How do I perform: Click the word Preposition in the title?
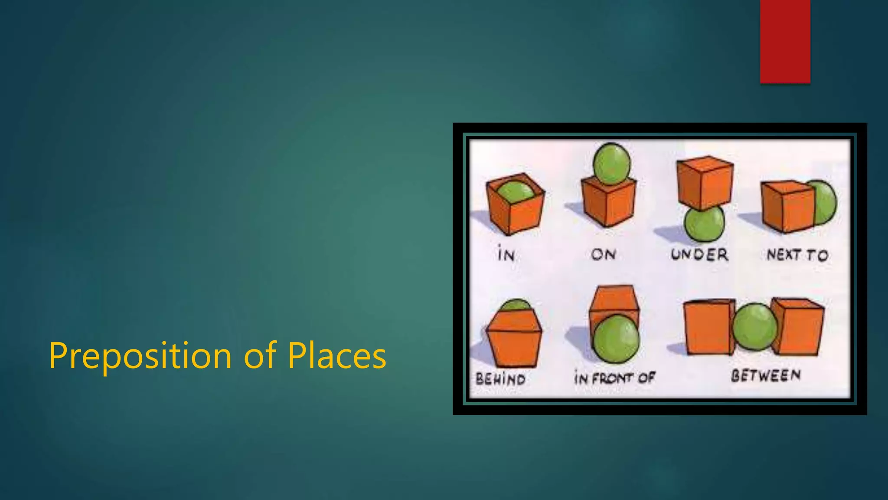pyautogui.click(x=140, y=356)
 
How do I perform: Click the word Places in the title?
pyautogui.click(x=336, y=356)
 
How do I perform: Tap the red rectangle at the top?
pyautogui.click(x=785, y=41)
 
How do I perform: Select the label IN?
pyautogui.click(x=506, y=254)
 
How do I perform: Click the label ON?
pyautogui.click(x=603, y=254)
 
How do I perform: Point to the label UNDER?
pyautogui.click(x=699, y=254)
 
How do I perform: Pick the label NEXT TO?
pyautogui.click(x=797, y=255)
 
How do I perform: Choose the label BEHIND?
pyautogui.click(x=500, y=379)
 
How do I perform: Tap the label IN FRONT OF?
pyautogui.click(x=614, y=378)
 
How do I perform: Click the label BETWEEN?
pyautogui.click(x=766, y=375)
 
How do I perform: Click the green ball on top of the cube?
pyautogui.click(x=611, y=164)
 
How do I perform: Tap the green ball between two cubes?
pyautogui.click(x=755, y=327)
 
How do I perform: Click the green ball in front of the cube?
pyautogui.click(x=616, y=339)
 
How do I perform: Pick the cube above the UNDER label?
pyautogui.click(x=705, y=182)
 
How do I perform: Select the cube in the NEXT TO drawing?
pyautogui.click(x=787, y=206)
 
